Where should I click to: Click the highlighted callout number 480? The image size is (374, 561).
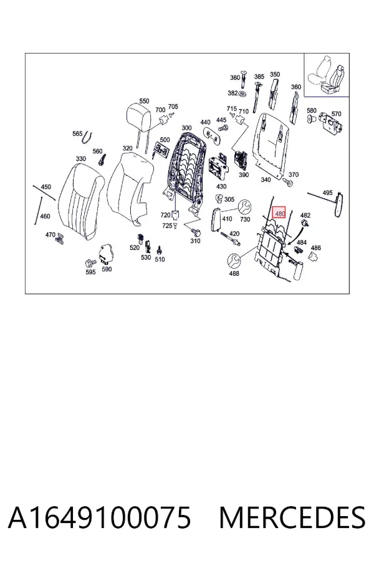279,214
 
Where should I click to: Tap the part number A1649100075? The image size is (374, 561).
100,517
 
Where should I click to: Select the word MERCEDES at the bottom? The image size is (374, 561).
292,517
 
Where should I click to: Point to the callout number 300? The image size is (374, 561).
186,128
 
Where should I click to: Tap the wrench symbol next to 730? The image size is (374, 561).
245,206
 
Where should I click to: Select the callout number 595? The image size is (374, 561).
90,272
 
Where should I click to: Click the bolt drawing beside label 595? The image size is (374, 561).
90,263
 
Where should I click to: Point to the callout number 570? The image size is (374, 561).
336,114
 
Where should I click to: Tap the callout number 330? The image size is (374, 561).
81,158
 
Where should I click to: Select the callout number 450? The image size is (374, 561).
46,187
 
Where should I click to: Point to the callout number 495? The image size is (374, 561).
327,193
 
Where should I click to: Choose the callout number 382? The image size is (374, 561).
233,93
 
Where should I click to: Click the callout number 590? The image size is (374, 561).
107,269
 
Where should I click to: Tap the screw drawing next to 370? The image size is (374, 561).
288,183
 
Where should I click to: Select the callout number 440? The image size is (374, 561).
206,122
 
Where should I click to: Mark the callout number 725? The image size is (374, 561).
167,226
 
